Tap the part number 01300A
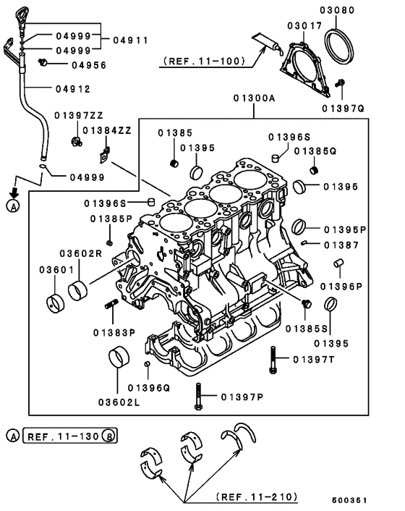[253, 98]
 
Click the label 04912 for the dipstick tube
[73, 90]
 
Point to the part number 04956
[89, 64]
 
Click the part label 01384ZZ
[106, 130]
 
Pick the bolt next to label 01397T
[272, 359]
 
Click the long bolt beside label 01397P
[197, 397]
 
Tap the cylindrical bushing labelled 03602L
[119, 358]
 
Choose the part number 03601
[52, 270]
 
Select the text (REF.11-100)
[193, 62]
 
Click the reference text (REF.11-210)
[257, 497]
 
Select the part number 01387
[341, 245]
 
